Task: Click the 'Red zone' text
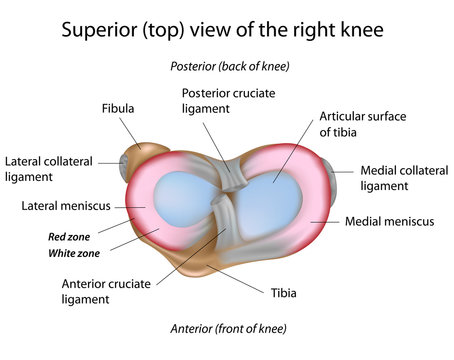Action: pyautogui.click(x=71, y=237)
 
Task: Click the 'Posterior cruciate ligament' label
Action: pyautogui.click(x=227, y=100)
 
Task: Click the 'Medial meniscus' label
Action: pyautogui.click(x=389, y=221)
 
